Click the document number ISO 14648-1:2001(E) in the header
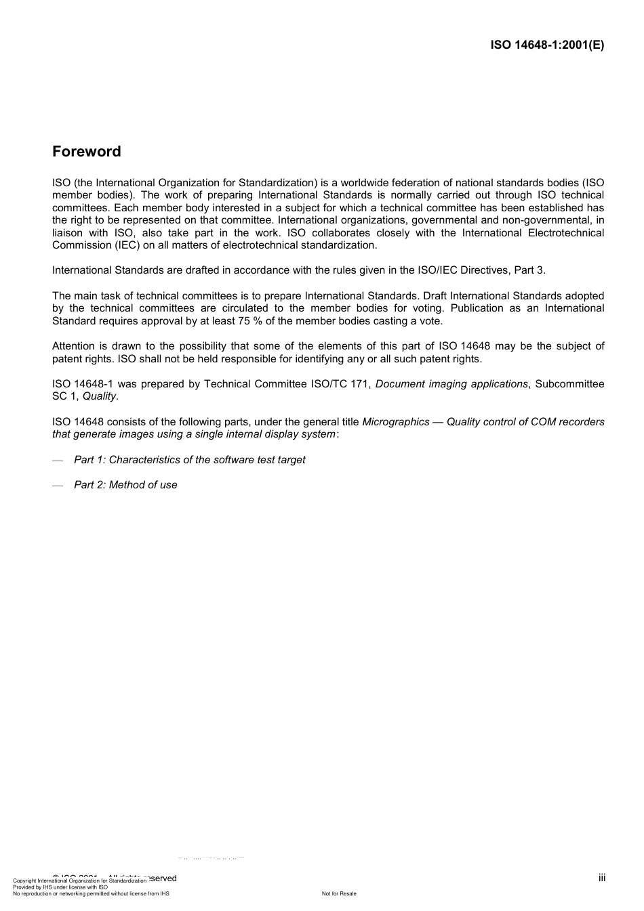tap(547, 45)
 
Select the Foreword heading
tap(87, 152)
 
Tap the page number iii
tap(601, 878)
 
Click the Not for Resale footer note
tap(339, 894)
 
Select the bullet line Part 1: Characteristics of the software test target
tap(190, 460)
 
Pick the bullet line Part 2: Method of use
tap(125, 485)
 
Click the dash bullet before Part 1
tap(58, 461)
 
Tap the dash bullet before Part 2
tap(58, 486)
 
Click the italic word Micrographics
tap(396, 422)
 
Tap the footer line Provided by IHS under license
tap(60, 887)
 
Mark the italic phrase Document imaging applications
tap(451, 384)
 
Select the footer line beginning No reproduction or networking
tap(91, 894)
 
